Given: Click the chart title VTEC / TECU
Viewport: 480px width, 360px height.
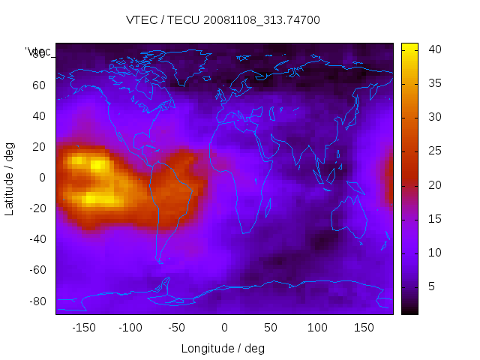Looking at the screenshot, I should pos(223,20).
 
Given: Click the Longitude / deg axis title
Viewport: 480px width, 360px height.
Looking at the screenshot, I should pos(223,348).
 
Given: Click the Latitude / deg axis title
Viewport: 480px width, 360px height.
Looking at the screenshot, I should pos(10,178).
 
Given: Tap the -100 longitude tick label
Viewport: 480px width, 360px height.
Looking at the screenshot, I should pos(130,328).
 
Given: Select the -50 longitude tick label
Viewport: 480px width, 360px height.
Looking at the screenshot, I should pos(177,328).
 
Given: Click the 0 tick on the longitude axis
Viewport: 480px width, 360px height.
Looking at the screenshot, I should pos(224,328).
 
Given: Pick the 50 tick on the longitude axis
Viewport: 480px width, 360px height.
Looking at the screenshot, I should pos(271,328).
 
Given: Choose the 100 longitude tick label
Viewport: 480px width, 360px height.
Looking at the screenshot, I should pos(318,328).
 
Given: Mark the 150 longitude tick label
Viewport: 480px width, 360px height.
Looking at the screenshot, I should pos(364,328).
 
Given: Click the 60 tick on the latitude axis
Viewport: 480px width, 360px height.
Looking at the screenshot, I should pos(39,85).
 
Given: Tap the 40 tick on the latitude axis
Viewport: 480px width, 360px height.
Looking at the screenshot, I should pos(39,116).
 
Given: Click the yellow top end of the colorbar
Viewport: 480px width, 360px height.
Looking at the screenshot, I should pos(409,46).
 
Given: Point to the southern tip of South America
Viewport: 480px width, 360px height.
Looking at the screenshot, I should pos(160,261).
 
